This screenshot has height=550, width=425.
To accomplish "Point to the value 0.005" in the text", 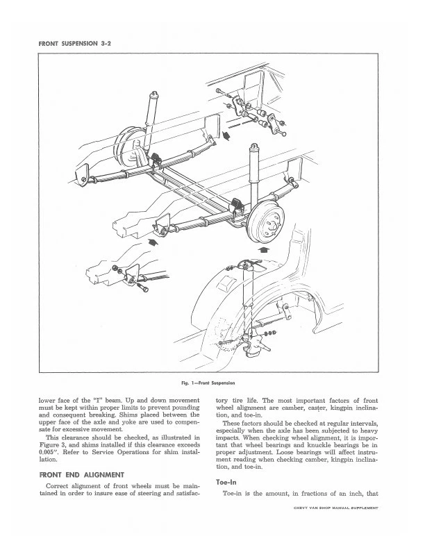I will click(53, 450).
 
